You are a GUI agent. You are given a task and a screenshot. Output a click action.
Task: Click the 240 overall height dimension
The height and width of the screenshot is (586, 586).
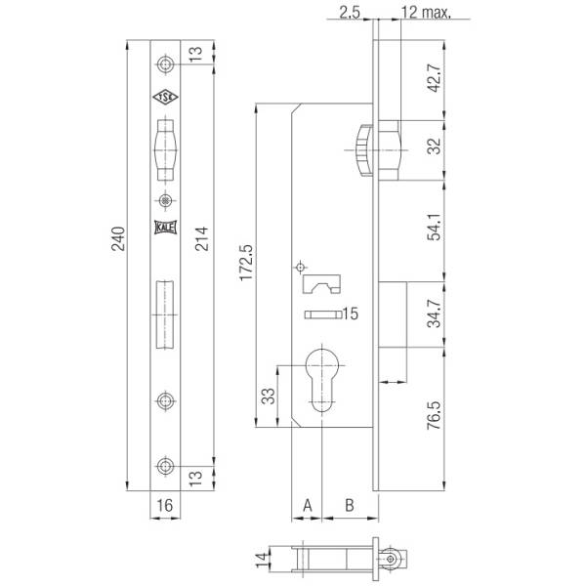click(x=118, y=238)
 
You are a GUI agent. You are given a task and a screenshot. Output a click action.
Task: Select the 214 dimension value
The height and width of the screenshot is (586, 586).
click(x=201, y=238)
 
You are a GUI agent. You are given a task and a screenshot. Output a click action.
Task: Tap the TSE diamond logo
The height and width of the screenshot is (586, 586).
click(x=166, y=97)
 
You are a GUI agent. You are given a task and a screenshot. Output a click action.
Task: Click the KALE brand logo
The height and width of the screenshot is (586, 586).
click(x=165, y=227)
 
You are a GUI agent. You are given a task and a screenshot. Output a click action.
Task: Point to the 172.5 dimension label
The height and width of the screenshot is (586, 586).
click(x=247, y=263)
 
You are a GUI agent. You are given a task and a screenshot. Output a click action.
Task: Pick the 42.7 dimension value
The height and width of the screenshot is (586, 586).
click(x=435, y=78)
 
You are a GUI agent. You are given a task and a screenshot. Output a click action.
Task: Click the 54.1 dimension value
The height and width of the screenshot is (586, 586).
click(x=435, y=227)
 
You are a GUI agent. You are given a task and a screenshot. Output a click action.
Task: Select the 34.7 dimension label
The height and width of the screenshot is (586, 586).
click(x=435, y=314)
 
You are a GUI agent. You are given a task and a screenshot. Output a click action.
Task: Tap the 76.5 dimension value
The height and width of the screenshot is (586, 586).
click(x=435, y=415)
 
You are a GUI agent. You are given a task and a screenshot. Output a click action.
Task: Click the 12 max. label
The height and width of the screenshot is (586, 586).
click(x=426, y=13)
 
